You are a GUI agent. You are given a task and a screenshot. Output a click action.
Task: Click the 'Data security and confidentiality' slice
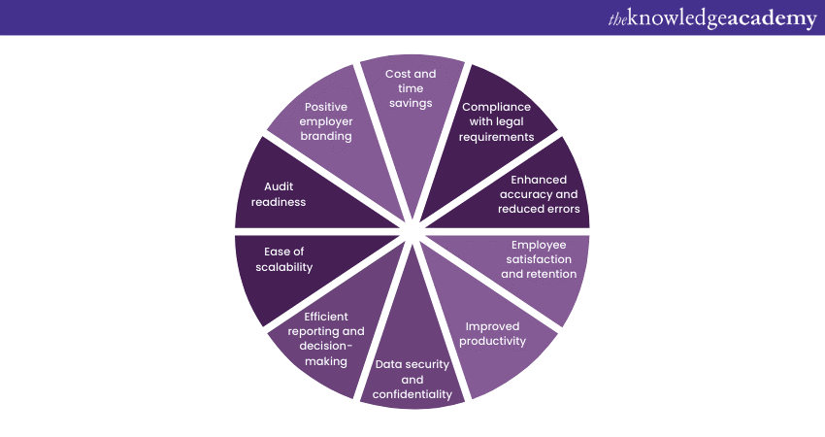tap(412, 374)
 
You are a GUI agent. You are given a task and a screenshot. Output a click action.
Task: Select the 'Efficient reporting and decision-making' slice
tap(325, 340)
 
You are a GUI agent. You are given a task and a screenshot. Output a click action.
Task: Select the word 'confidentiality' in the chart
tap(412, 394)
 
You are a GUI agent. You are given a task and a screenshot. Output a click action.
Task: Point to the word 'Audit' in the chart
tap(279, 186)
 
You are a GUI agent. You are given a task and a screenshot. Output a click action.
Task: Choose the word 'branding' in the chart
tap(328, 137)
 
